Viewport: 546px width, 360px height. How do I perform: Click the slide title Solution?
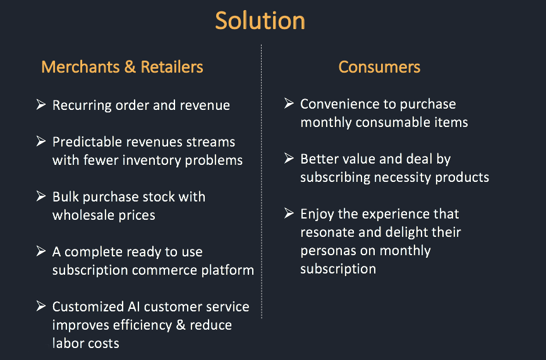(x=260, y=21)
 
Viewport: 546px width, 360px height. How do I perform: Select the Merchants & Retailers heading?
(x=122, y=67)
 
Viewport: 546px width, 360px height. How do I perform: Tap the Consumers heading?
(x=379, y=67)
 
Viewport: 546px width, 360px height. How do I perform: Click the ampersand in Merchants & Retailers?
(x=130, y=67)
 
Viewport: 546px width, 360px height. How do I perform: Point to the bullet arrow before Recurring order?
(x=41, y=104)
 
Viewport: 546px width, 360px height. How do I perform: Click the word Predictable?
(x=87, y=141)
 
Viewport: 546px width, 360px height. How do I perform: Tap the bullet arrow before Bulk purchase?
(x=41, y=196)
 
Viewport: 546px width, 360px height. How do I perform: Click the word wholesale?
(x=83, y=215)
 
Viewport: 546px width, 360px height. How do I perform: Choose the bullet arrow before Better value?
(x=289, y=158)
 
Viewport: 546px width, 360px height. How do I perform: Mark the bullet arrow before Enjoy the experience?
(x=289, y=213)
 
